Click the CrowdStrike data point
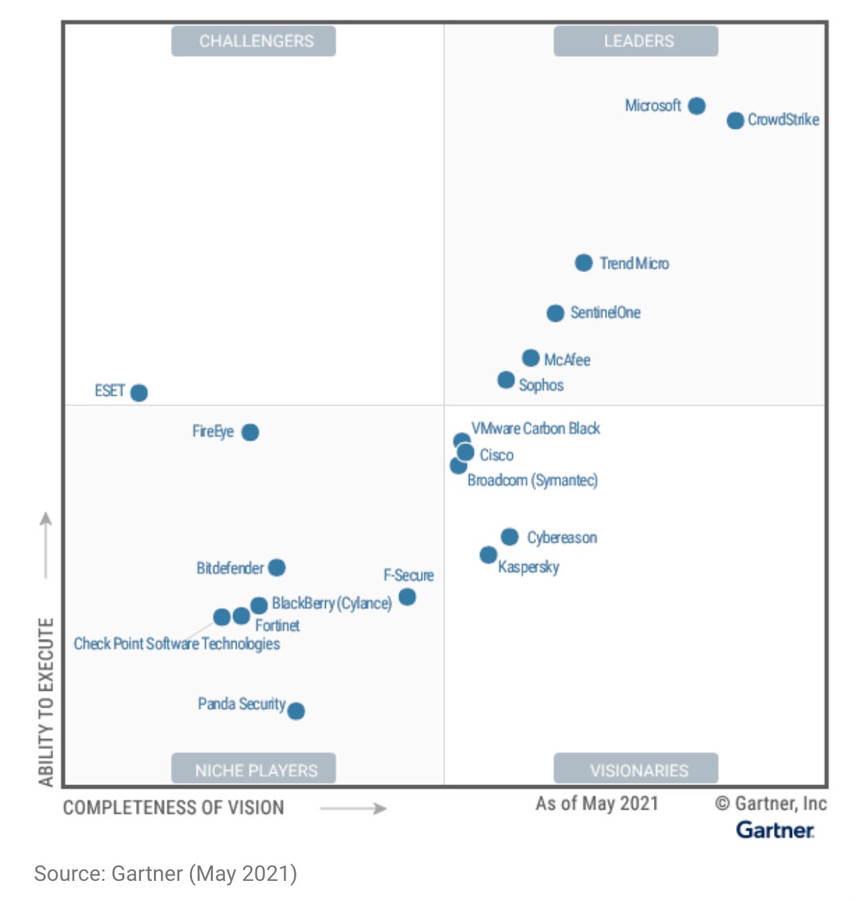pos(734,120)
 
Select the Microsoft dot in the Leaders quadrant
pos(696,106)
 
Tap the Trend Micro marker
pos(583,263)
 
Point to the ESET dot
pos(139,392)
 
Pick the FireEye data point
pos(250,432)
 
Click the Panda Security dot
pos(296,711)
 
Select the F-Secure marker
pos(407,597)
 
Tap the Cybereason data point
pos(509,537)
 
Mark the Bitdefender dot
pos(276,568)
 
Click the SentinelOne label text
pos(605,312)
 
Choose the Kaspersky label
pos(528,567)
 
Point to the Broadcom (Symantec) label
pos(532,480)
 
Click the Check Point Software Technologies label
pos(176,643)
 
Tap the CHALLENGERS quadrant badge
pos(253,41)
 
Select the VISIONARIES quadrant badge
pos(636,770)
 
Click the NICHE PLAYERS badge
pos(253,770)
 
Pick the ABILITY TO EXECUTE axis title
pos(46,702)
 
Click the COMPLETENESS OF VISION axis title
pos(173,807)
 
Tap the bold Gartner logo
pos(775,830)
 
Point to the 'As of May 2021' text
pos(596,803)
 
